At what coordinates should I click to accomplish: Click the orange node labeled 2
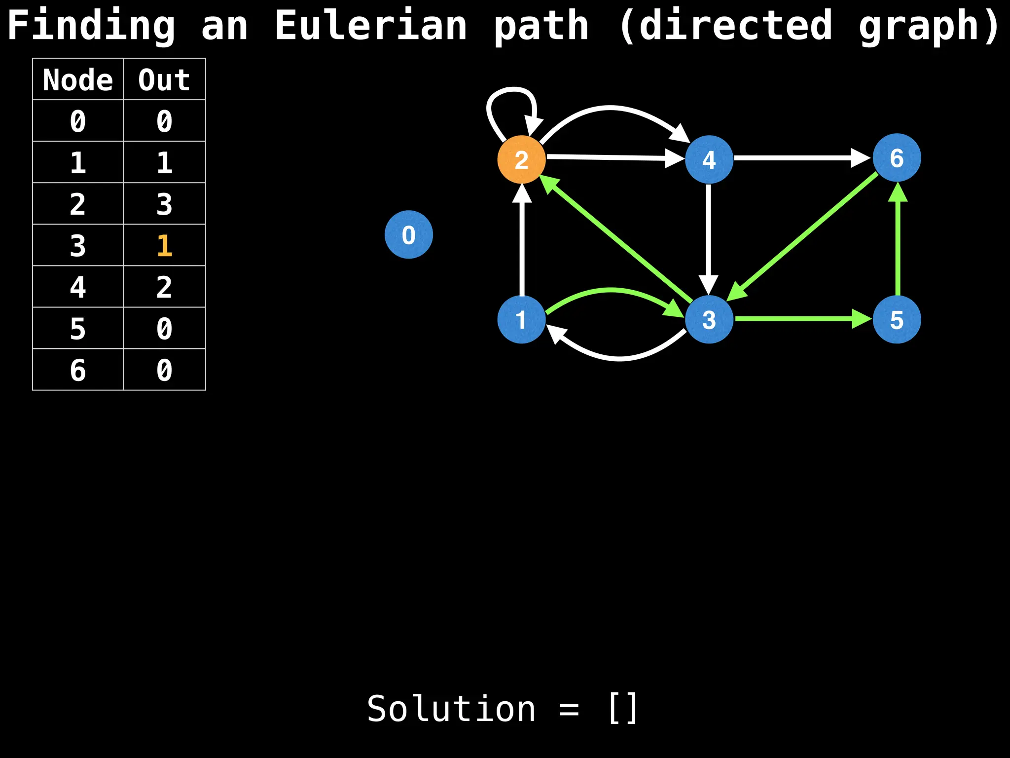pyautogui.click(x=521, y=159)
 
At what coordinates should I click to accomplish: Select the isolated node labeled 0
pyautogui.click(x=408, y=234)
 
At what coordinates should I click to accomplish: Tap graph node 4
pyautogui.click(x=709, y=159)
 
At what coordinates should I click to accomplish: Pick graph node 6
pyautogui.click(x=897, y=158)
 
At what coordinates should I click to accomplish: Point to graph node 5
pyautogui.click(x=897, y=320)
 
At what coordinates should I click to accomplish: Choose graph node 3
pyautogui.click(x=709, y=320)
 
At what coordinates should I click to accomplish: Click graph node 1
pyautogui.click(x=521, y=320)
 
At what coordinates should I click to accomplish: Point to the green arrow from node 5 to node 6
pyautogui.click(x=898, y=242)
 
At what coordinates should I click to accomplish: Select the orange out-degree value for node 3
pyautogui.click(x=164, y=245)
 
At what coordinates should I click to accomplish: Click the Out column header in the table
pyautogui.click(x=164, y=79)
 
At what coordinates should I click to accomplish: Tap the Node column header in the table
pyautogui.click(x=78, y=79)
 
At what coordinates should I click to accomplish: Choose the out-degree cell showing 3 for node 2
pyautogui.click(x=164, y=204)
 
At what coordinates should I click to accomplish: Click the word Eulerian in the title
pyautogui.click(x=370, y=26)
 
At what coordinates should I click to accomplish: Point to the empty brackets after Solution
pyautogui.click(x=623, y=709)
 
